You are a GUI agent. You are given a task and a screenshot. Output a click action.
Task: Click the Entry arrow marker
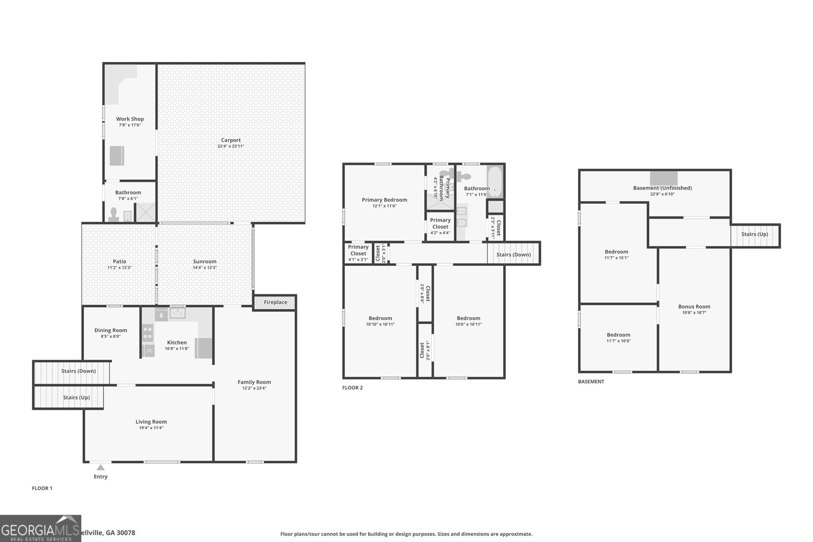101,467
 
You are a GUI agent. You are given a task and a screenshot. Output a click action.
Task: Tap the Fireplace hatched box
275,302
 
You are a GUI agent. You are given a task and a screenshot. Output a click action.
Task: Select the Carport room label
231,140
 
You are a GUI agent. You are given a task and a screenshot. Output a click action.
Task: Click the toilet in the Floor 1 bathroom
113,213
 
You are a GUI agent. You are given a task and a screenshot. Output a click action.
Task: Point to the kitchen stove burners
148,333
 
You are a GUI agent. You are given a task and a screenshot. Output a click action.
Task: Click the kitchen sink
177,313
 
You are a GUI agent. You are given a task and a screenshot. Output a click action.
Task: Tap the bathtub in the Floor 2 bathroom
495,182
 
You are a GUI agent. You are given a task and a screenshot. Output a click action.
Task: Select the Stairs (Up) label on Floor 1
76,397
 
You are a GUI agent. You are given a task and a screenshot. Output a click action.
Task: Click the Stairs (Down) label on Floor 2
513,254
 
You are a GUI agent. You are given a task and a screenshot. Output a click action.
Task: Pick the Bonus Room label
694,306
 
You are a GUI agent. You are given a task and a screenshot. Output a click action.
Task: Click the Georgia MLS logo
41,528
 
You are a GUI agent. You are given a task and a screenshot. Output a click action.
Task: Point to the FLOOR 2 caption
353,388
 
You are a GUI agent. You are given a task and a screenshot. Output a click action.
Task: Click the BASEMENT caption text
591,381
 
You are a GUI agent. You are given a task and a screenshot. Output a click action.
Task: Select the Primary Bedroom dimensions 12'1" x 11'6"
384,206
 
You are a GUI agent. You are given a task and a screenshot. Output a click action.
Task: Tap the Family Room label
254,382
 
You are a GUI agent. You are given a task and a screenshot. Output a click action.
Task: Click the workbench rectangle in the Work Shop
117,155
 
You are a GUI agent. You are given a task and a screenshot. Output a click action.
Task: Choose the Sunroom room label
204,262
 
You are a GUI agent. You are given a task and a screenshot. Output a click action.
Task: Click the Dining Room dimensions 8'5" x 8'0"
110,336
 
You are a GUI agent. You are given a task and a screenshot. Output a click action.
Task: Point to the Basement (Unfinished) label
662,188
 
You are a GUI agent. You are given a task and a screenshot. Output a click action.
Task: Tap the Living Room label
151,422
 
